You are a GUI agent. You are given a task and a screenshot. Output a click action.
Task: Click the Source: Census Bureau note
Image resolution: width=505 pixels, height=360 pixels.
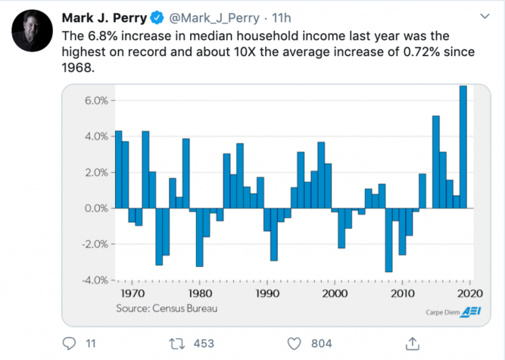(166, 308)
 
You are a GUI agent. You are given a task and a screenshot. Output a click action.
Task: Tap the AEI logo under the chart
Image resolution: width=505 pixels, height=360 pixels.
(471, 311)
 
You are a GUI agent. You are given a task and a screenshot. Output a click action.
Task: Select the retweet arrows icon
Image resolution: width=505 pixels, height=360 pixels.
(176, 343)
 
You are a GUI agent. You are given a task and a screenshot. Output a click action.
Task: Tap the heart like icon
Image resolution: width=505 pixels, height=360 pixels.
(295, 343)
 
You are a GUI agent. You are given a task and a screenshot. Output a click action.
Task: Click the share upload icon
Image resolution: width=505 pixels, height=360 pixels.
(412, 343)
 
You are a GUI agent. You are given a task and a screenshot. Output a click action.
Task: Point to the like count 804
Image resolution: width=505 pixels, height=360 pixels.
(321, 343)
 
